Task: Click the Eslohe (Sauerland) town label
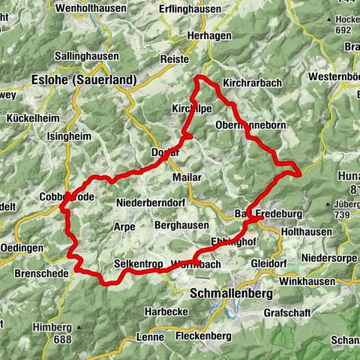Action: [x=83, y=79]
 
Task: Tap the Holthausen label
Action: [x=306, y=232]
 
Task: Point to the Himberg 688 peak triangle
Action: [x=78, y=328]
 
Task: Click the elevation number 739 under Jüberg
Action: [x=343, y=215]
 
